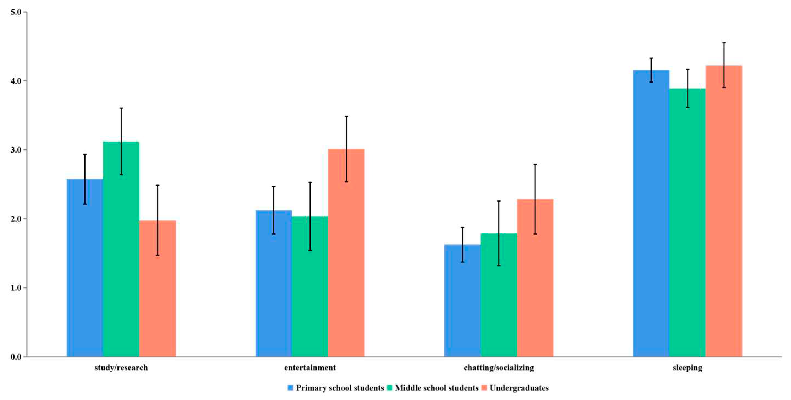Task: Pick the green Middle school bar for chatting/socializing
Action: pyautogui.click(x=498, y=295)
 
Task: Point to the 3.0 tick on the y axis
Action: pyautogui.click(x=16, y=150)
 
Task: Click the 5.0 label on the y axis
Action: pyautogui.click(x=16, y=12)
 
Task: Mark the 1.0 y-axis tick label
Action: pyautogui.click(x=16, y=288)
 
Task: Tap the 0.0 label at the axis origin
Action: pyautogui.click(x=16, y=357)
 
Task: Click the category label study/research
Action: pyautogui.click(x=121, y=368)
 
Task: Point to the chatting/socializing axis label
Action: pyautogui.click(x=498, y=368)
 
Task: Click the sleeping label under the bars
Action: pyautogui.click(x=687, y=368)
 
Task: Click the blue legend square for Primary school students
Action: pyautogui.click(x=290, y=388)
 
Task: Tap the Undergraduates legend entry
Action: pyautogui.click(x=519, y=388)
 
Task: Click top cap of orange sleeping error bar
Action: pyautogui.click(x=724, y=43)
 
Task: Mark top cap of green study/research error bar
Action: pyautogui.click(x=121, y=108)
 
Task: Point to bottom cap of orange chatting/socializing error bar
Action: pyautogui.click(x=535, y=234)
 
